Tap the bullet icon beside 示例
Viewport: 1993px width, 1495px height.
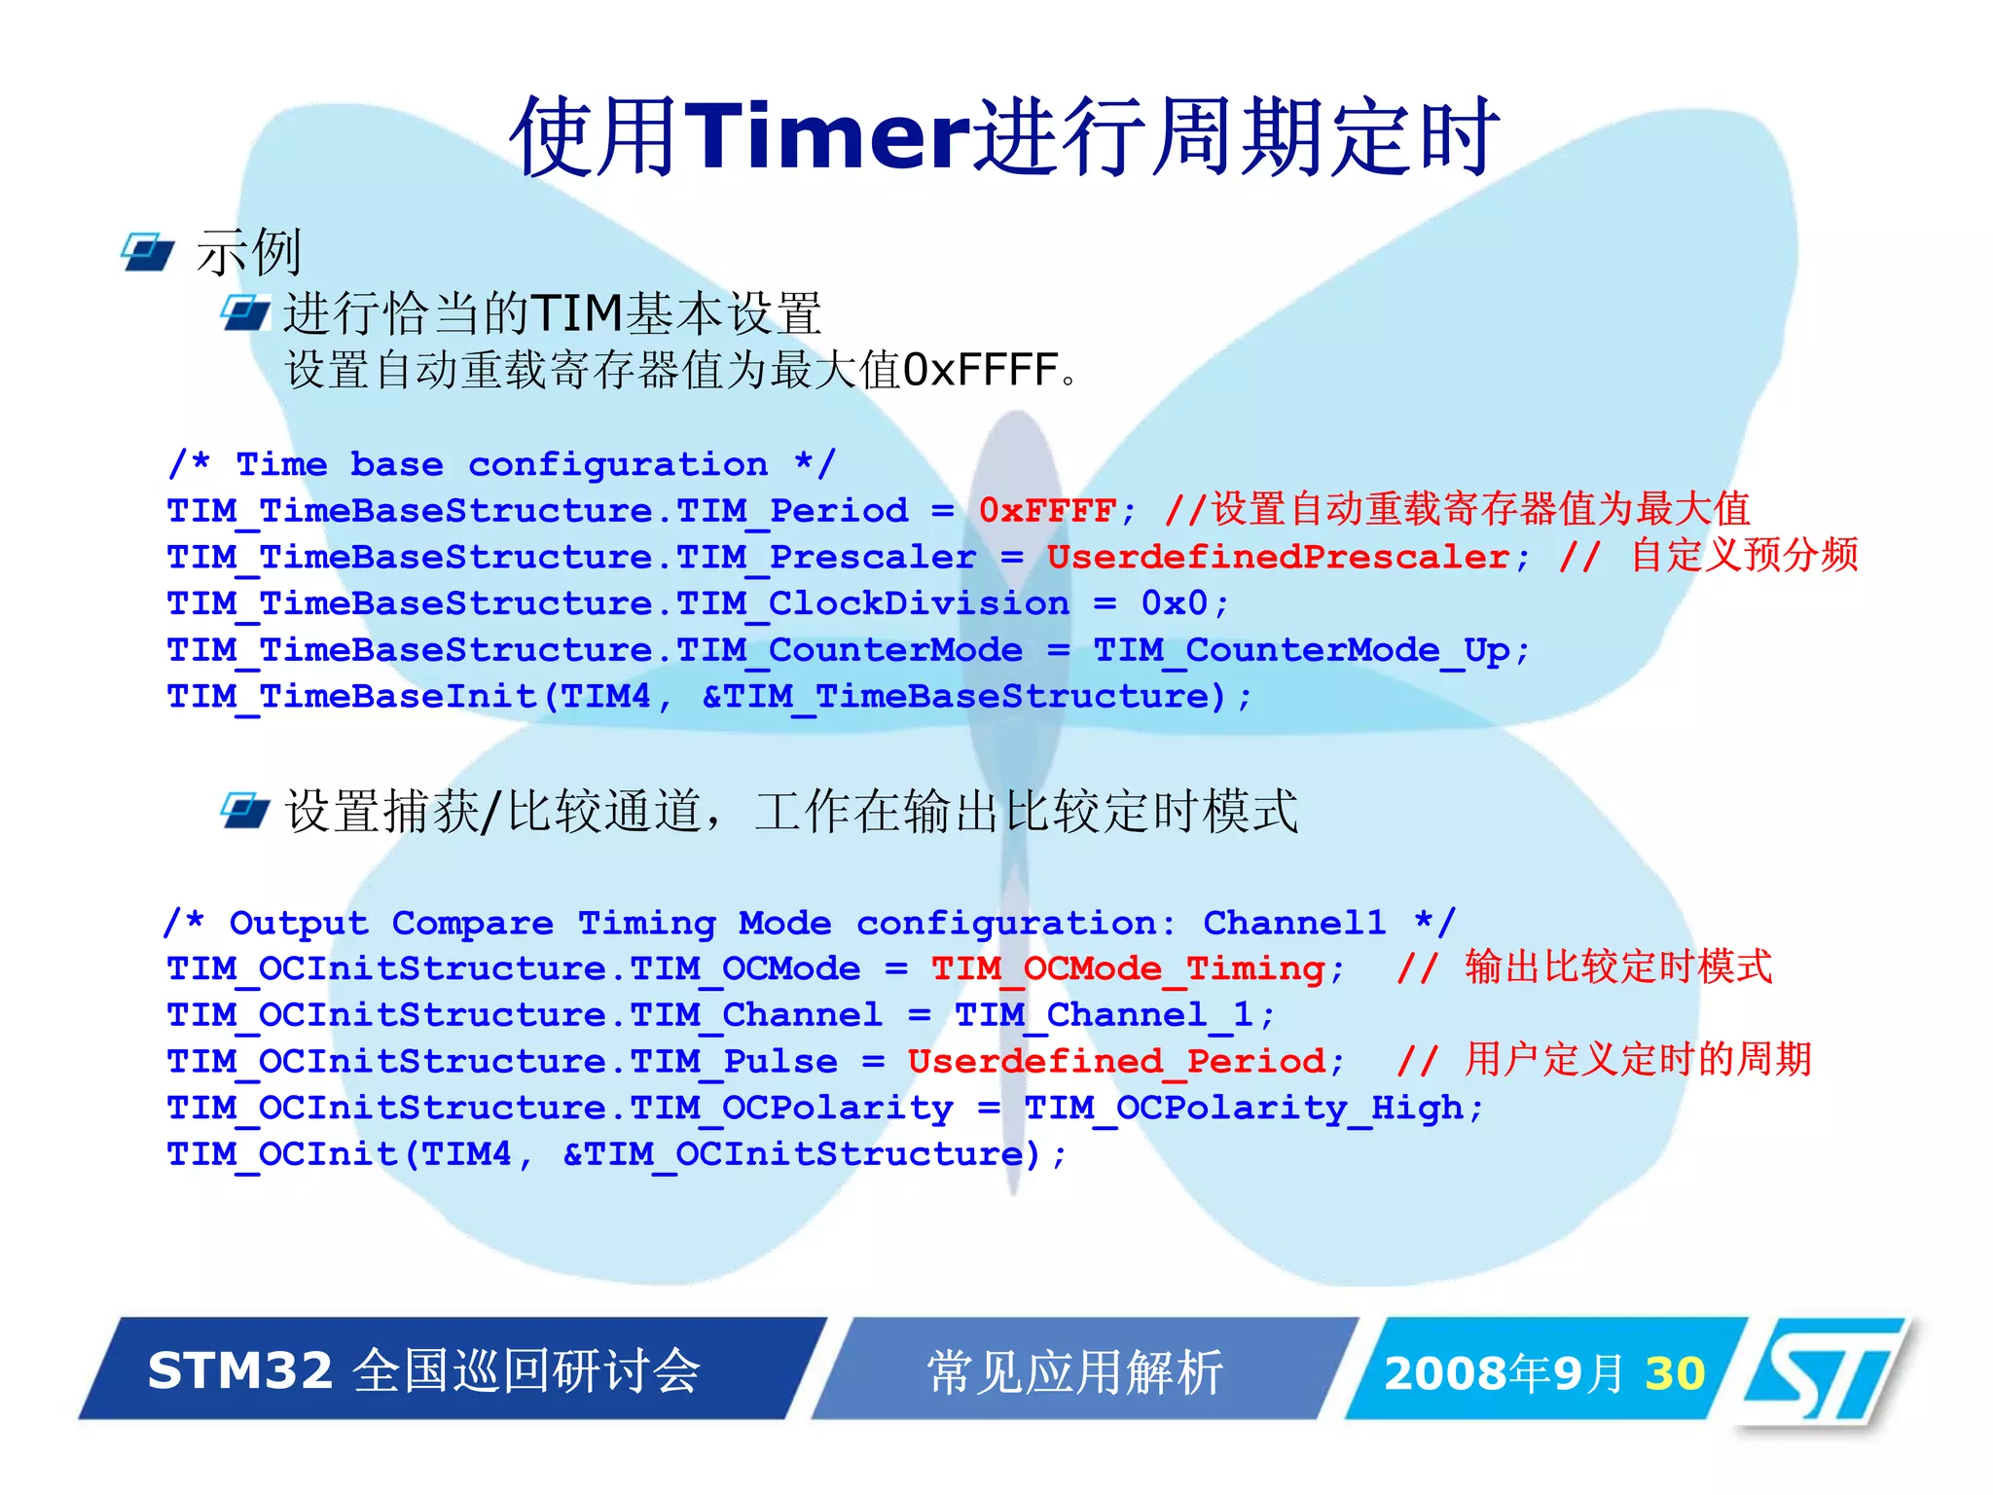[148, 252]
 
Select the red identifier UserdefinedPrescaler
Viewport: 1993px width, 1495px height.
[1278, 558]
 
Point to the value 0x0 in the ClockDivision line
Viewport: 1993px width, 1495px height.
[1174, 603]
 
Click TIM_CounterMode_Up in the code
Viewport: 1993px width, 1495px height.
[1301, 650]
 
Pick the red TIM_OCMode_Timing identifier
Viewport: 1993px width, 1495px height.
[1128, 969]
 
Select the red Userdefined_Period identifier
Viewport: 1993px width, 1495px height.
[1116, 1061]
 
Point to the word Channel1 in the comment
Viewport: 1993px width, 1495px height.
[1294, 923]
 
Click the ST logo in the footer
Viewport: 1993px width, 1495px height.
[1824, 1371]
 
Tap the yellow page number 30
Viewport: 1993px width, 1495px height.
[1675, 1373]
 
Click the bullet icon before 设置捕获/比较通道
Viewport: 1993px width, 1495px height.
[244, 810]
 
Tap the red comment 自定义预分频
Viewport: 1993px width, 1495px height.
[1745, 556]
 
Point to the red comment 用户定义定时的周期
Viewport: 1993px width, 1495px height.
[1638, 1060]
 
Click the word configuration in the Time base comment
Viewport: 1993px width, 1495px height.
[618, 465]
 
